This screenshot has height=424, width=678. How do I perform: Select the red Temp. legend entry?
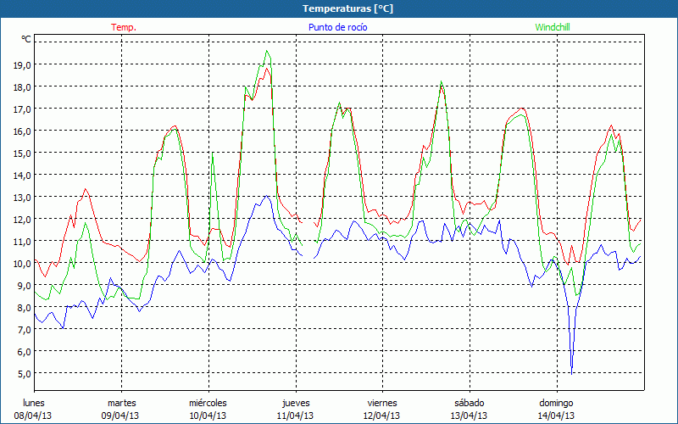pos(123,27)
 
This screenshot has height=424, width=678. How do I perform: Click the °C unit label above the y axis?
pos(26,39)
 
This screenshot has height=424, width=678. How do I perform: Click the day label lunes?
pos(34,403)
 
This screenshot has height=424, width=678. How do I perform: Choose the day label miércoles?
pos(208,403)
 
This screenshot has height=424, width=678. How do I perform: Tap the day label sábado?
pos(469,403)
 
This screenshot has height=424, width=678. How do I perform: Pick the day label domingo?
pos(556,403)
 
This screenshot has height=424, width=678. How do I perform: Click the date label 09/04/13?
pos(121,416)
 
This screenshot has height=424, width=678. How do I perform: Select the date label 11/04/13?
pos(295,416)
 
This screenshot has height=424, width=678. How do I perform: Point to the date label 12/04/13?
pos(381,416)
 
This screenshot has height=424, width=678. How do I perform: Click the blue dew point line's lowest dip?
pos(572,372)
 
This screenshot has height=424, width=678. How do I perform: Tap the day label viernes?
pos(381,403)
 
